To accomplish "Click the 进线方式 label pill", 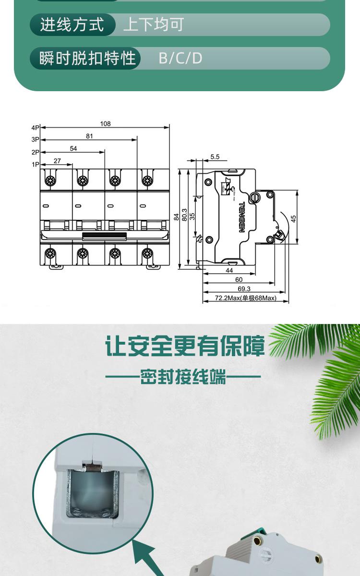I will (x=72, y=24).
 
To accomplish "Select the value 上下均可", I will (x=154, y=24).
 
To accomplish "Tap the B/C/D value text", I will (x=180, y=58).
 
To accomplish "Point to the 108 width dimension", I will (x=105, y=124).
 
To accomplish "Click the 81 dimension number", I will (x=89, y=136).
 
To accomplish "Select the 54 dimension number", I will (x=73, y=148).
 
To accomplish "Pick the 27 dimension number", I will (x=57, y=161).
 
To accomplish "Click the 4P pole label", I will (x=35, y=128).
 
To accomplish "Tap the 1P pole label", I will (x=35, y=165).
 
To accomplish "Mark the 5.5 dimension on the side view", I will (x=215, y=157).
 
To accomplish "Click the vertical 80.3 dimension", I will (x=184, y=217).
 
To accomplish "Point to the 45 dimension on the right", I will (x=293, y=217).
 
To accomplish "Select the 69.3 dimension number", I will (x=244, y=289).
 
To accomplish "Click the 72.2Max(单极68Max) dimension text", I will (x=245, y=298).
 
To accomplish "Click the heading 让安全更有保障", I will (x=185, y=347).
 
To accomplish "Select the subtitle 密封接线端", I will (x=183, y=377).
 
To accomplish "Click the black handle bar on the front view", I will (x=105, y=235).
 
